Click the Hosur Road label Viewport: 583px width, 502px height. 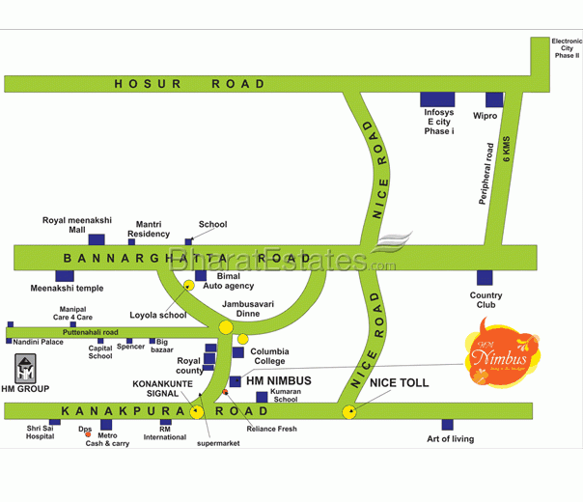coord(189,84)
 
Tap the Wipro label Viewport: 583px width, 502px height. coord(485,116)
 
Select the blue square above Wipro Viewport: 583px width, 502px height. coord(494,99)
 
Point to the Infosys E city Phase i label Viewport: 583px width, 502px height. coord(438,122)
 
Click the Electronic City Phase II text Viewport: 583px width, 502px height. coord(566,48)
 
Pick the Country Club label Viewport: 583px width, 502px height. coord(486,301)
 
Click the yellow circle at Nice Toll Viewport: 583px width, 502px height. coord(348,412)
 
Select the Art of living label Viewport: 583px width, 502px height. coord(451,439)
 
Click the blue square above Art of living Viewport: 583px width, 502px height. coord(447,424)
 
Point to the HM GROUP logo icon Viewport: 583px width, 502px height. coord(26,370)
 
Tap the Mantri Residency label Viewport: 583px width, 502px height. coord(149,229)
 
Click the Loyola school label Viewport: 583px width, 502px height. coord(158,315)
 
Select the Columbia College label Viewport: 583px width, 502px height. coord(269,356)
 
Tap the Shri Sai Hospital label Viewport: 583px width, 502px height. coord(41,432)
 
